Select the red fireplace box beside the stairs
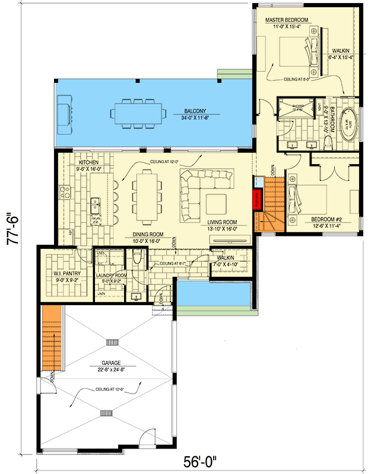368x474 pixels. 258,199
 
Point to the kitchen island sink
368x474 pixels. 94,206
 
